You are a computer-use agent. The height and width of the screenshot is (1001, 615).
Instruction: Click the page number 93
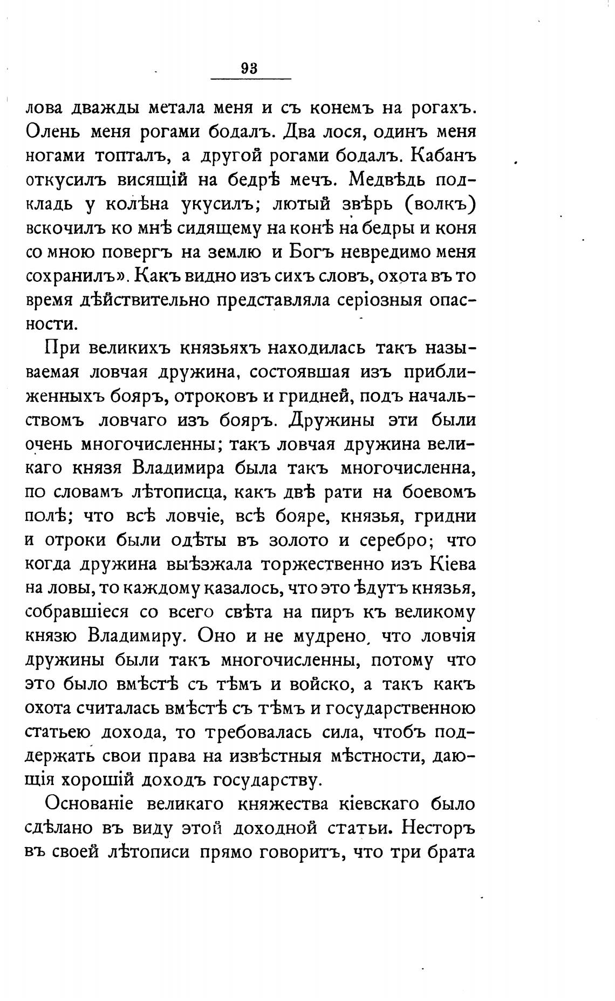pos(249,69)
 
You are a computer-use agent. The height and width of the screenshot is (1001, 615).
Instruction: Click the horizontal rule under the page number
pos(250,80)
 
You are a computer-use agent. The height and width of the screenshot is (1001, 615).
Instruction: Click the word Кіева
pos(452,564)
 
